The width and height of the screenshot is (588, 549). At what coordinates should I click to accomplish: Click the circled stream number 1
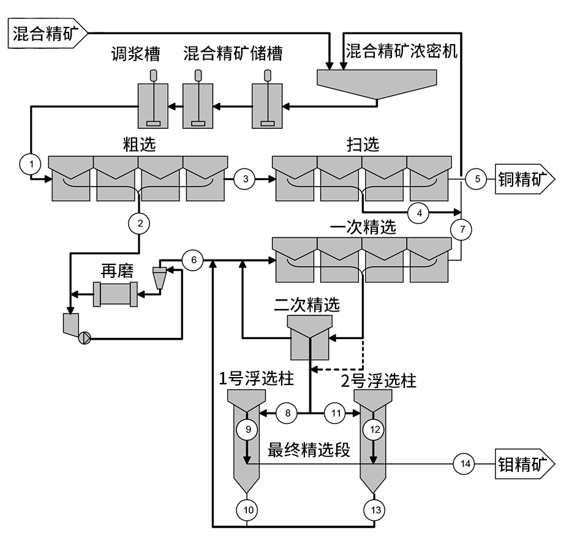pos(31,164)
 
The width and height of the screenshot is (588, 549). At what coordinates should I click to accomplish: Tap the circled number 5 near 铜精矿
pos(477,179)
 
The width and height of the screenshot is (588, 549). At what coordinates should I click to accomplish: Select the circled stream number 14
pos(465,464)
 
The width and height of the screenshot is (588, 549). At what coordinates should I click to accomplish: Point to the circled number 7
pos(462,230)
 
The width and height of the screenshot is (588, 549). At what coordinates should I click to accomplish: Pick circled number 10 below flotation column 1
pos(248,510)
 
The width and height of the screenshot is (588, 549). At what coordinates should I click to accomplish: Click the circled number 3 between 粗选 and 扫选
pos(245,179)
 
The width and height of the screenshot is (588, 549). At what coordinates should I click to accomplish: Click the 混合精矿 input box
pos(48,33)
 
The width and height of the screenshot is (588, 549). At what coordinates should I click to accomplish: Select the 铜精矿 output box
pos(525,179)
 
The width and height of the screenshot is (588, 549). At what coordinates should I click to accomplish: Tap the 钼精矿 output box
pos(525,464)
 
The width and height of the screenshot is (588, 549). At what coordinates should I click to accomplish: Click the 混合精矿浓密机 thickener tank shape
pos(377,84)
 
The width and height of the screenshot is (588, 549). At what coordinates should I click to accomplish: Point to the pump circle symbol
pos(85,338)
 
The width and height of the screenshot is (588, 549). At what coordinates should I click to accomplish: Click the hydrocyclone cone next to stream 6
pos(160,277)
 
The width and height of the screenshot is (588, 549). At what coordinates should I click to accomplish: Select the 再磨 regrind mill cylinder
pos(115,294)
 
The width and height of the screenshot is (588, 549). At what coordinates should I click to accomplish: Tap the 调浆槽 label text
pos(135,54)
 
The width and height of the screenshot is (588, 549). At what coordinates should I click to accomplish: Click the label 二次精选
pos(307,305)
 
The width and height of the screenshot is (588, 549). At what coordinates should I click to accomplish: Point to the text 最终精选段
pos(309,449)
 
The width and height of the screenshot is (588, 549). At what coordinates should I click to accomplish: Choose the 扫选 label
pos(363,144)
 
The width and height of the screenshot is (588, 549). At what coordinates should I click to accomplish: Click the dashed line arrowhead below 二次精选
pos(315,369)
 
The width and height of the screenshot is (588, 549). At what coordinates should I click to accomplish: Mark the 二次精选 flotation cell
pos(310,337)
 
